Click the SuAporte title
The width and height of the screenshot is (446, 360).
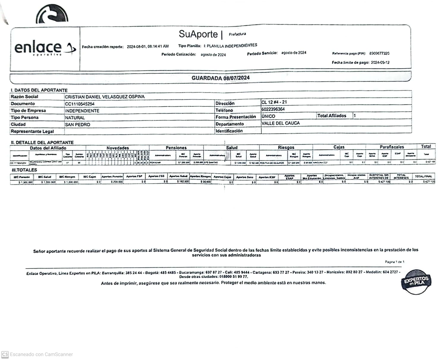click(198, 34)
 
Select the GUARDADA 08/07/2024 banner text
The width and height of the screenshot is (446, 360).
click(221, 78)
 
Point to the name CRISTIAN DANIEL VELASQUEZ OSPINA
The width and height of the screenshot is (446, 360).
click(105, 97)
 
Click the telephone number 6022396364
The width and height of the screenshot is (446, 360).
click(273, 109)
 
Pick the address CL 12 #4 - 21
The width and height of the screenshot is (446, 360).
click(274, 102)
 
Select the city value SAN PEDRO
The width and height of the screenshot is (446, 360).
click(78, 125)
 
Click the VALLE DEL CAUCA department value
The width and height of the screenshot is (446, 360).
click(280, 123)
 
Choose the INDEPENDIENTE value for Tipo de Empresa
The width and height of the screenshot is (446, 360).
click(82, 111)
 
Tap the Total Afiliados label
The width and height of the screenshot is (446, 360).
click(332, 116)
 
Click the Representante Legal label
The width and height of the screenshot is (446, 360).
click(32, 131)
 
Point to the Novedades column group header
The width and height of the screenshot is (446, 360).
click(118, 148)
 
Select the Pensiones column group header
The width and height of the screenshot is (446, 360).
click(176, 148)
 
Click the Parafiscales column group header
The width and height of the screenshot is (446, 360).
click(392, 147)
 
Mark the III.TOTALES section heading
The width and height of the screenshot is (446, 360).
click(24, 170)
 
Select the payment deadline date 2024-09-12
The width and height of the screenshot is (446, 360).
click(380, 62)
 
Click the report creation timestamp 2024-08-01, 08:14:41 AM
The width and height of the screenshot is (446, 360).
click(148, 46)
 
